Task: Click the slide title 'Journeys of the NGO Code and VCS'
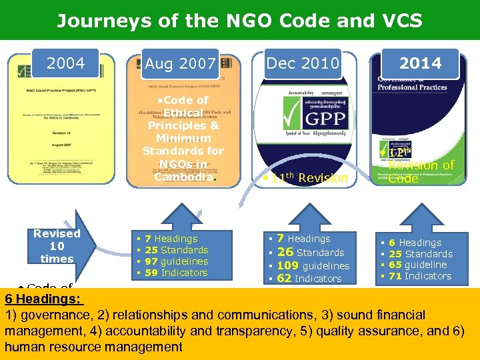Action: pyautogui.click(x=239, y=21)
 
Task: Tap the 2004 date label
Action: pyautogui.click(x=65, y=63)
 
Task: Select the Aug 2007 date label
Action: pyautogui.click(x=180, y=65)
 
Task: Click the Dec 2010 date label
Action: pyautogui.click(x=303, y=63)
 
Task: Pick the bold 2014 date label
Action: pyautogui.click(x=420, y=63)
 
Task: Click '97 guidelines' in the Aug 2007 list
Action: pyautogui.click(x=176, y=261)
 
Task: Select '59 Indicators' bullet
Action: pyautogui.click(x=176, y=273)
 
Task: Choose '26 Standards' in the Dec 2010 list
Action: pyautogui.click(x=310, y=252)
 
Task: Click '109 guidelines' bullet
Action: pyautogui.click(x=313, y=266)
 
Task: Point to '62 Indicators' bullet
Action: pyautogui.click(x=309, y=279)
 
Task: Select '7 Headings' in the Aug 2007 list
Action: pyautogui.click(x=175, y=239)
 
